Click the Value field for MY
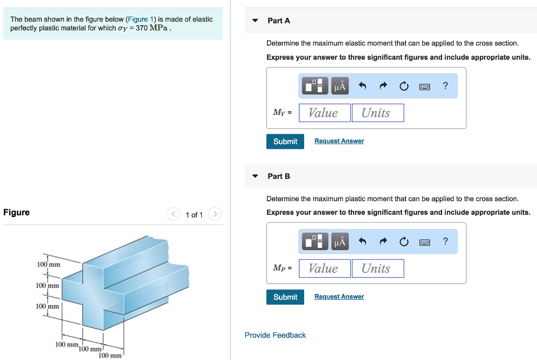[x=325, y=113]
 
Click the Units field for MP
[x=378, y=268]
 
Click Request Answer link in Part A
[x=339, y=141]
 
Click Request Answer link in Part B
[x=339, y=297]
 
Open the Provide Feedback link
[x=275, y=335]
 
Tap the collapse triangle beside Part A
[x=255, y=21]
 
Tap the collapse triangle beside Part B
[x=255, y=176]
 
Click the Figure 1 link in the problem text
[x=138, y=19]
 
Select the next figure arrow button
[x=215, y=214]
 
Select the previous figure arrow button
[x=173, y=214]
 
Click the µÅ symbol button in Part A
[x=340, y=86]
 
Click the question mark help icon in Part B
[x=445, y=242]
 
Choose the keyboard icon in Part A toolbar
[x=425, y=86]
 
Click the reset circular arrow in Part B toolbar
[x=404, y=242]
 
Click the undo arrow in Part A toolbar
[x=362, y=86]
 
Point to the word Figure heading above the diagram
[x=16, y=212]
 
